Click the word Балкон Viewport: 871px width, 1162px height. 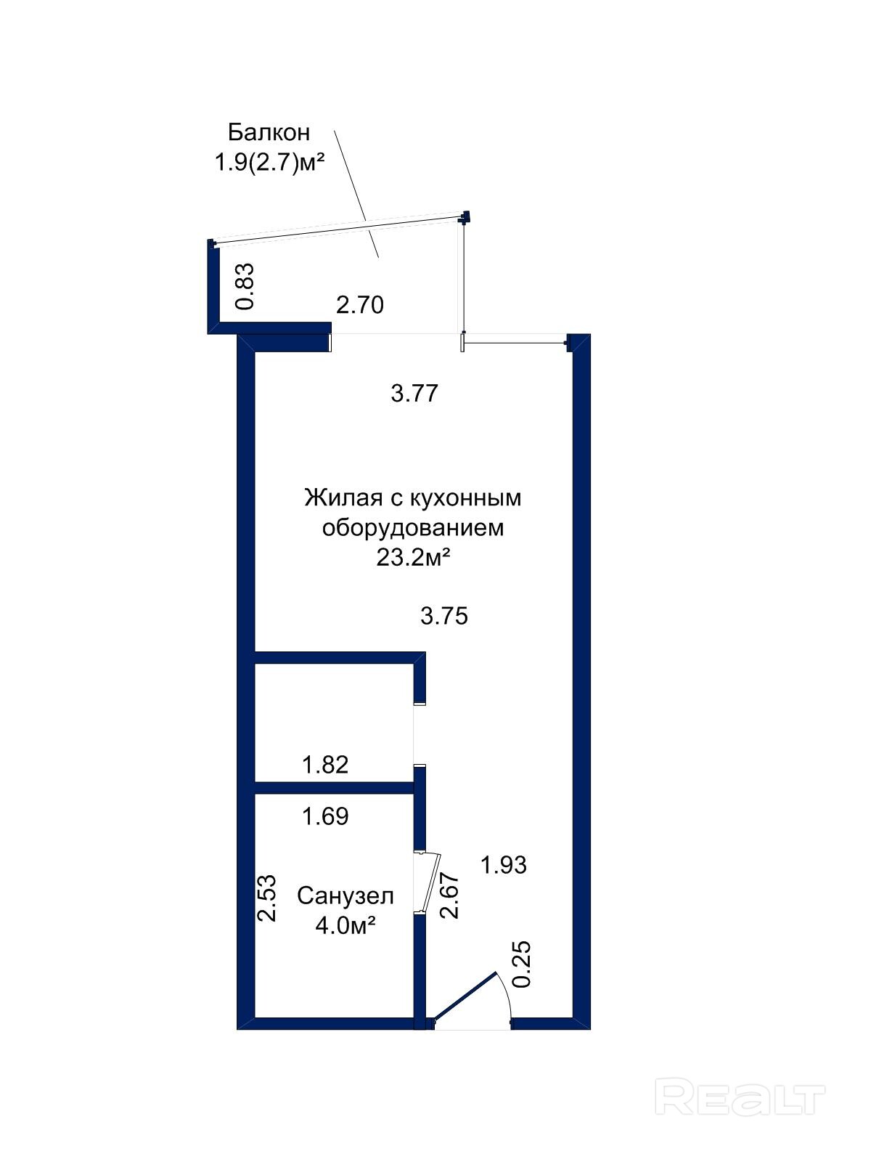click(x=269, y=132)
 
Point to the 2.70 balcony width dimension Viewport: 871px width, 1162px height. click(x=360, y=306)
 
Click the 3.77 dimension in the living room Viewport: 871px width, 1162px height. click(x=414, y=394)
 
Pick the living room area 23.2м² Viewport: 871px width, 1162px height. click(x=413, y=558)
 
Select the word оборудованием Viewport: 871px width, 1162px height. click(x=413, y=528)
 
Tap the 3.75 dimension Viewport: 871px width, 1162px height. click(x=444, y=616)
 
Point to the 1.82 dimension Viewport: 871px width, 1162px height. click(x=325, y=765)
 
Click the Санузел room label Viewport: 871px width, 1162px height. click(x=345, y=896)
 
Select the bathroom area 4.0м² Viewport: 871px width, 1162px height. click(x=345, y=925)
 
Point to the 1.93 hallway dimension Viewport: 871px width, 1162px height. click(x=504, y=865)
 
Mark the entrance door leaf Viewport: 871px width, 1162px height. click(x=465, y=995)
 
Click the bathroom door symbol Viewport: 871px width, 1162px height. click(x=428, y=882)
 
